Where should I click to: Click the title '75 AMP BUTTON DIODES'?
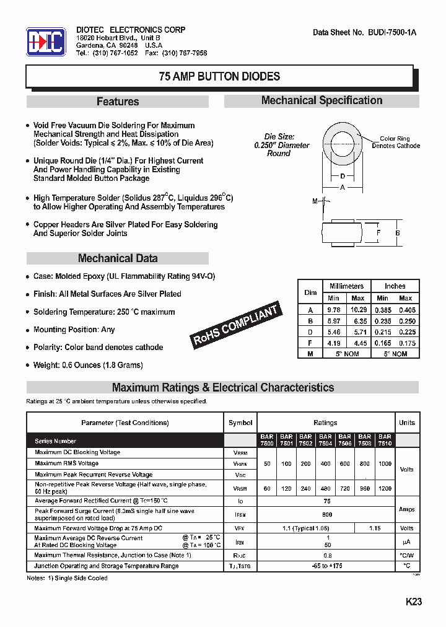[x=219, y=77]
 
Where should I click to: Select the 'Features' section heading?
[x=118, y=102]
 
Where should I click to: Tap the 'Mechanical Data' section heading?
[x=118, y=258]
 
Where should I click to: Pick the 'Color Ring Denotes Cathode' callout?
[x=395, y=142]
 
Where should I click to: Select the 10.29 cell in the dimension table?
[x=359, y=309]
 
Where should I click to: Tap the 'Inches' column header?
[x=395, y=286]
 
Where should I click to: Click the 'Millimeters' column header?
[x=346, y=286]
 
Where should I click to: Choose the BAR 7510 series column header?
[x=385, y=440]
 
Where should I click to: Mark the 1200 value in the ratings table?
[x=385, y=489]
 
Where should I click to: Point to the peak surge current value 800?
[x=327, y=514]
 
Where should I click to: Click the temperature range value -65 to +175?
[x=327, y=566]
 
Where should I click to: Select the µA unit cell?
[x=407, y=541]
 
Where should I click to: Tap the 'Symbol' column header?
[x=240, y=423]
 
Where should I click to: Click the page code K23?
[x=414, y=602]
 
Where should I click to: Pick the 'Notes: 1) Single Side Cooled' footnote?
[x=67, y=578]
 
